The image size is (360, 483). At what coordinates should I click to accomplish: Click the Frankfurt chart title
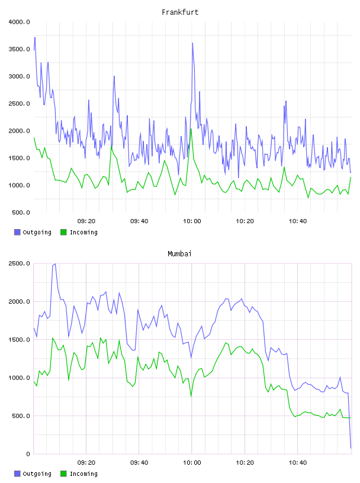click(180, 12)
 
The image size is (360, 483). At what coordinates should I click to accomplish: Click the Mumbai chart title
click(179, 254)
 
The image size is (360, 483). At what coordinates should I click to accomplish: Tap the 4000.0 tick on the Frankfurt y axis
click(19, 22)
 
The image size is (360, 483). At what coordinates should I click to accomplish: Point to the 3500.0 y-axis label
click(19, 49)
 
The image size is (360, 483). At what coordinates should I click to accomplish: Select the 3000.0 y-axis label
click(19, 76)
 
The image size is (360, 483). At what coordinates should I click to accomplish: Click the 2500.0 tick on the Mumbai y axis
click(19, 263)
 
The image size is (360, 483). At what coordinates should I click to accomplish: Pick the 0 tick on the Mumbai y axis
click(28, 454)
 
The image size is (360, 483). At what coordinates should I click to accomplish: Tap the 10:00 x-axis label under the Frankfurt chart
click(192, 221)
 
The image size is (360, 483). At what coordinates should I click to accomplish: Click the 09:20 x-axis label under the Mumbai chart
click(86, 463)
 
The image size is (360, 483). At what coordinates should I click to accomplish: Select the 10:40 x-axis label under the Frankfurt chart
click(298, 221)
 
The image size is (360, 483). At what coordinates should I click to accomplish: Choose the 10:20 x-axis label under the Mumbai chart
click(245, 463)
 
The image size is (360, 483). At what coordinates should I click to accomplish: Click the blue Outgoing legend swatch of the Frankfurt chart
click(17, 232)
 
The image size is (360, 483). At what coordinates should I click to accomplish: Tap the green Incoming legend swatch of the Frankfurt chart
click(63, 232)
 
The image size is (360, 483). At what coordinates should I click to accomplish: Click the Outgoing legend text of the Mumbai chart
click(37, 474)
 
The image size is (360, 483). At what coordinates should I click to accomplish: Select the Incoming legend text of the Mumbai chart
click(83, 474)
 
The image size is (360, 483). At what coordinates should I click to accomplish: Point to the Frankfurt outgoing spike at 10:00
click(192, 43)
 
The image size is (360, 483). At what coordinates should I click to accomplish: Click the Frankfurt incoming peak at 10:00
click(191, 129)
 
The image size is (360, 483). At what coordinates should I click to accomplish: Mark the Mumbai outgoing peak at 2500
click(55, 264)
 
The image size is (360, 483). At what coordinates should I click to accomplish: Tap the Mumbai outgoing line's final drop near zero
click(351, 447)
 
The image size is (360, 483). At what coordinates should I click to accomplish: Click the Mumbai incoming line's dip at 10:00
click(191, 396)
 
